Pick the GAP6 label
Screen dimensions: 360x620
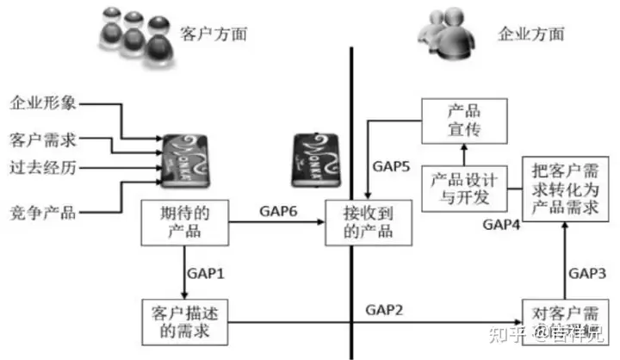click(x=278, y=212)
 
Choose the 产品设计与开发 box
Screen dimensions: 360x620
click(x=464, y=188)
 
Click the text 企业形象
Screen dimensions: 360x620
click(x=43, y=104)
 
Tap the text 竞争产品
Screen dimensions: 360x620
click(x=43, y=211)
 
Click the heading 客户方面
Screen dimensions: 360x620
click(x=213, y=34)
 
